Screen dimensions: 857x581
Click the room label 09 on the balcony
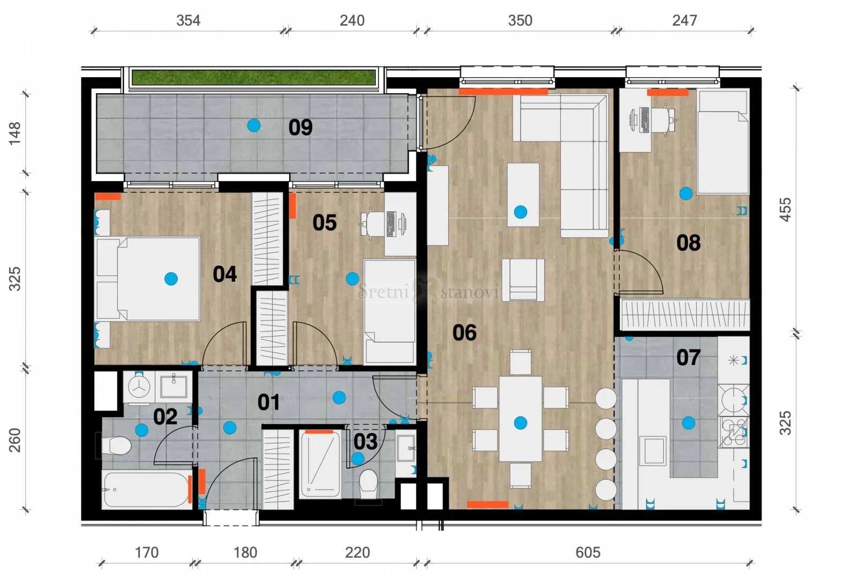(x=300, y=127)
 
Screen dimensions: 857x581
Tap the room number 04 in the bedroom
(x=224, y=274)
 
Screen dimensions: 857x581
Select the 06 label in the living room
(x=464, y=332)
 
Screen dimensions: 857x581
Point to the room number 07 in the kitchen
(x=688, y=357)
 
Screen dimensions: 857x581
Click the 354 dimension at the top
(x=188, y=20)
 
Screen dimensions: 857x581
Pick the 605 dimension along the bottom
(x=588, y=552)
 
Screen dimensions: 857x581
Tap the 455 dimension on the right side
(x=785, y=210)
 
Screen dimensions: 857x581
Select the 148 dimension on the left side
(x=15, y=133)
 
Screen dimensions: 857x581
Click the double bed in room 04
(x=147, y=279)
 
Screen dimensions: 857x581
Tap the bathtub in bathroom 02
(x=147, y=490)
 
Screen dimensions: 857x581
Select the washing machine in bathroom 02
(x=139, y=386)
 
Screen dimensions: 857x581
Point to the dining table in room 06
(x=520, y=419)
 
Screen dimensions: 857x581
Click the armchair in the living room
(x=523, y=280)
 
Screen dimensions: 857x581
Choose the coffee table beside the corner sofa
(x=523, y=195)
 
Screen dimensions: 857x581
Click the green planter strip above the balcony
(x=254, y=77)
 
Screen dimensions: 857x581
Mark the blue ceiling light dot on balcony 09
(x=254, y=125)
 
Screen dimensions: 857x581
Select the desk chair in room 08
(x=665, y=120)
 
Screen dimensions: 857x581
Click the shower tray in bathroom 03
(x=320, y=464)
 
